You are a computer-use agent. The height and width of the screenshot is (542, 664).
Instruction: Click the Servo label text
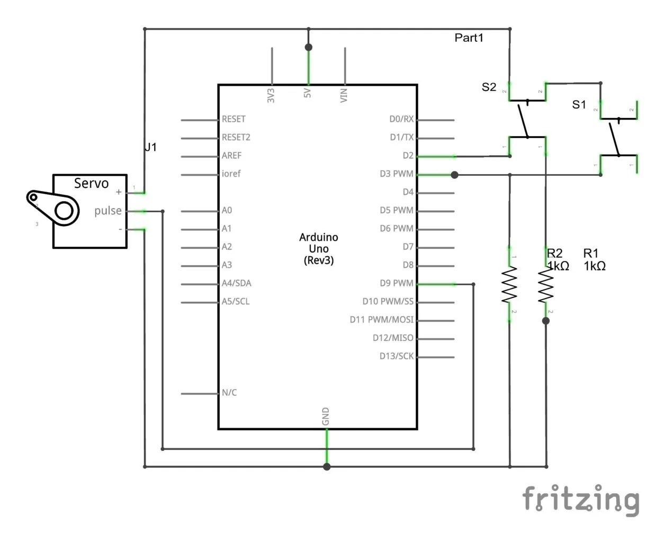tap(91, 184)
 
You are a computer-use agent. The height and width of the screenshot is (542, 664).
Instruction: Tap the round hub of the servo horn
tap(64, 211)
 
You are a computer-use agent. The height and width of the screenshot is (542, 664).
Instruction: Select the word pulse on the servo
tap(108, 211)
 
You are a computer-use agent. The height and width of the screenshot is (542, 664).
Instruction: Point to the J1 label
tap(151, 147)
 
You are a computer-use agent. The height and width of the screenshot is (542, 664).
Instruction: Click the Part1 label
tap(469, 38)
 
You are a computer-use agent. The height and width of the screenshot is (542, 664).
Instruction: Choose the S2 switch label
tap(489, 87)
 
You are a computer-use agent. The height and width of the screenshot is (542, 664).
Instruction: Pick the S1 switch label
tap(579, 105)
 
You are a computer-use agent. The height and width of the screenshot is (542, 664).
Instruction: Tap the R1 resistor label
tap(591, 254)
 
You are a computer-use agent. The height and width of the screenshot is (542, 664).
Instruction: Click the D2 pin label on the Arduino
tap(408, 156)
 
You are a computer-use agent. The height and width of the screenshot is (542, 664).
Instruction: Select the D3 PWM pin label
tap(396, 174)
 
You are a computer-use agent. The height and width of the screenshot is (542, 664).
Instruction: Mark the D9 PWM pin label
tap(396, 283)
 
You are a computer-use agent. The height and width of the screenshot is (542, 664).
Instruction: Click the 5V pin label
tap(308, 93)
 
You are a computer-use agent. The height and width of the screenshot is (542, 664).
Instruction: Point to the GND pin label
tap(326, 416)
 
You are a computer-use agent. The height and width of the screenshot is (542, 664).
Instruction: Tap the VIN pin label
tap(344, 95)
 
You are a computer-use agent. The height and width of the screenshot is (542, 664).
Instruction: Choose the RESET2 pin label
tap(236, 138)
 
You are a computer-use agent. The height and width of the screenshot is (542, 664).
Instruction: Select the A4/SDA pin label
tap(236, 283)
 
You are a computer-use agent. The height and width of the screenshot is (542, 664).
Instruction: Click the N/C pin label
tap(229, 393)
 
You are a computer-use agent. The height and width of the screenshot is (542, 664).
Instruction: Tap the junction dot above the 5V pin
tap(309, 48)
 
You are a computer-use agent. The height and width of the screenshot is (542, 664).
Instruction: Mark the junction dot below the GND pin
tap(327, 467)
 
